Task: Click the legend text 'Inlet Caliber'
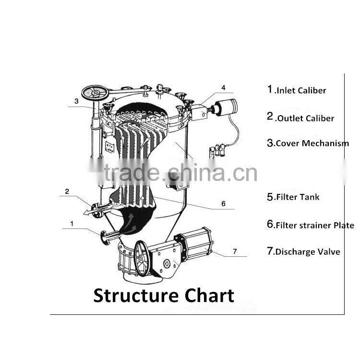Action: point(300,90)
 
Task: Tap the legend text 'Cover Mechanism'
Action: point(312,143)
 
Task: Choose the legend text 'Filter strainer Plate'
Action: point(315,225)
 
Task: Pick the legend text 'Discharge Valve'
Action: point(307,252)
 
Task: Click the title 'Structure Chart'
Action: point(164,295)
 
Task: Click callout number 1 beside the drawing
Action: point(72,223)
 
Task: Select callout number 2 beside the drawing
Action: point(67,191)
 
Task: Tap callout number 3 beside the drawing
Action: point(76,101)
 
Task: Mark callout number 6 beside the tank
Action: point(223,203)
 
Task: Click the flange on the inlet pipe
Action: point(104,236)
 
